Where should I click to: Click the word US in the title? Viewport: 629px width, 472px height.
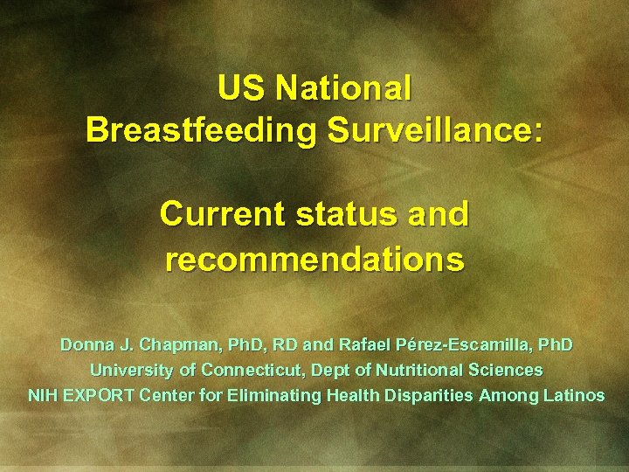coord(242,88)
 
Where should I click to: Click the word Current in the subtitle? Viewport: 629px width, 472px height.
coord(221,214)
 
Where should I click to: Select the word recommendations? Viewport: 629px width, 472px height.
coord(314,259)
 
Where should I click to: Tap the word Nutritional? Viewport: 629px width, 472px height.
coord(425,371)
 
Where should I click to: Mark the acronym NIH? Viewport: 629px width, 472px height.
coord(42,396)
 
